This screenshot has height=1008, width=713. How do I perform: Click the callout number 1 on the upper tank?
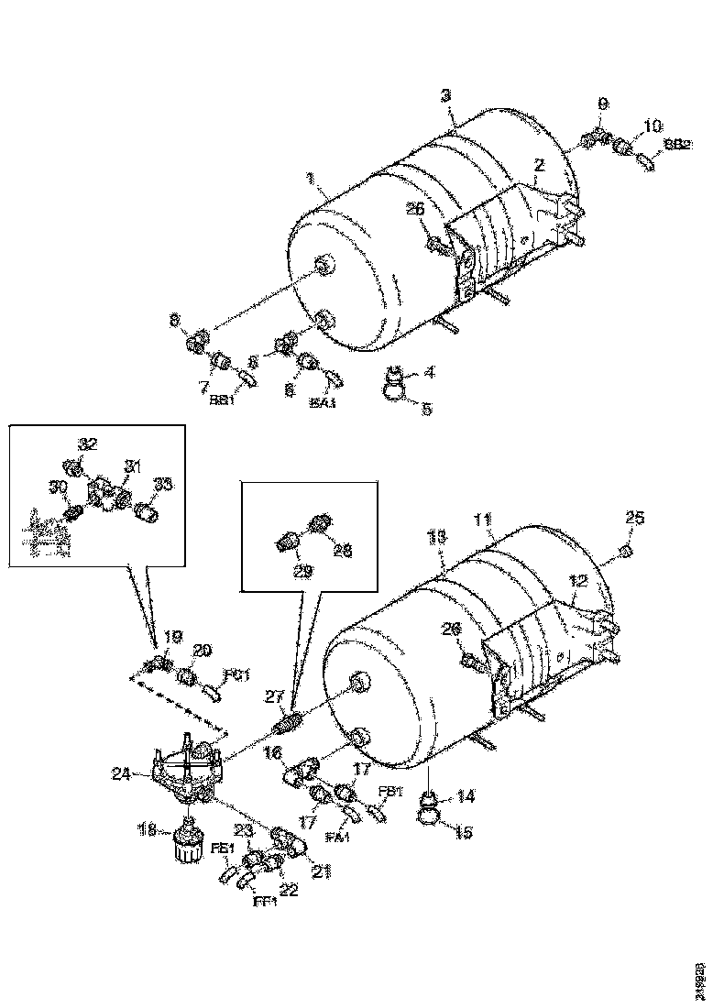point(313,180)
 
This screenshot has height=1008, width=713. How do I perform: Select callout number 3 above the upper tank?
point(444,95)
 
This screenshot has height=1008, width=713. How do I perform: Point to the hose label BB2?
point(678,144)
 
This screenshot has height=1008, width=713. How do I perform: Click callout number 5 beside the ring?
point(426,411)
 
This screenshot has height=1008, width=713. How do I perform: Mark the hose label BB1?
point(220,400)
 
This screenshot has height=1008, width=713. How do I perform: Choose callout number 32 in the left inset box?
point(87,444)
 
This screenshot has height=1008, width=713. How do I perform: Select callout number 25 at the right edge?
point(634,519)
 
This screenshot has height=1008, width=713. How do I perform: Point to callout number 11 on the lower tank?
point(481,520)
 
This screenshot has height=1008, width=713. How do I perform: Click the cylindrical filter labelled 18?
point(188,838)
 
